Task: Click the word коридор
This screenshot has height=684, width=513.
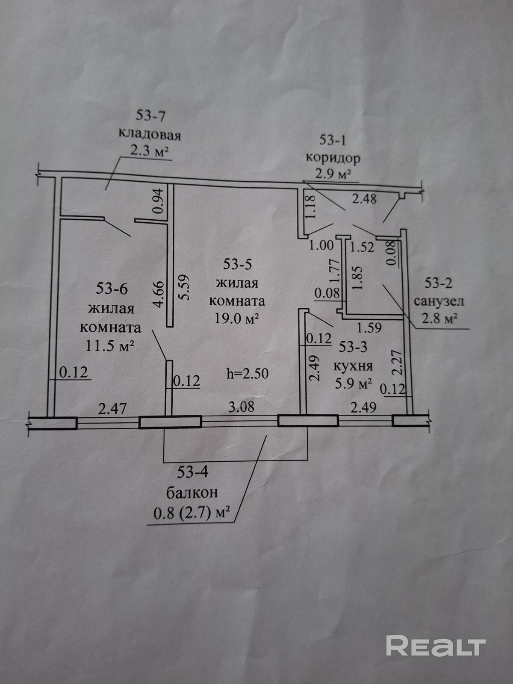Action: pyautogui.click(x=333, y=158)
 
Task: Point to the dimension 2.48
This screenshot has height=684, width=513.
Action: pyautogui.click(x=364, y=198)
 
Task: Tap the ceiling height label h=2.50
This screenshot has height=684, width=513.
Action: pyautogui.click(x=248, y=373)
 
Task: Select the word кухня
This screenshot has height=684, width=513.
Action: pyautogui.click(x=353, y=366)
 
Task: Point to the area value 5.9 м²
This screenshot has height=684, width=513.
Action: pyautogui.click(x=353, y=383)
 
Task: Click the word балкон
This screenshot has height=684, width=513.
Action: pyautogui.click(x=192, y=492)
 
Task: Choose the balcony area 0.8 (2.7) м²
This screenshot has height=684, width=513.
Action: pyautogui.click(x=192, y=512)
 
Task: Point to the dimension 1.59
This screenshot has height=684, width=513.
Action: pyautogui.click(x=369, y=328)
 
